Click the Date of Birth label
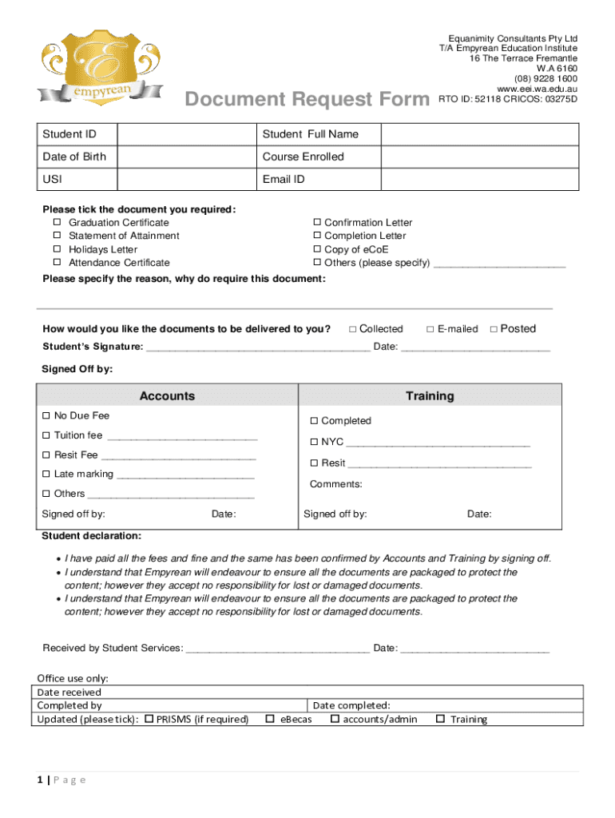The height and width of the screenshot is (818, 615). [x=74, y=157]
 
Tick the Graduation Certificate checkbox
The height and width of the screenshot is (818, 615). [x=57, y=222]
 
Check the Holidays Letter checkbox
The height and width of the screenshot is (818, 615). [x=57, y=249]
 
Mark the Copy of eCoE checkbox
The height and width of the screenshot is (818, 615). [x=316, y=249]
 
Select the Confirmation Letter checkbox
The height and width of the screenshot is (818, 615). [x=316, y=222]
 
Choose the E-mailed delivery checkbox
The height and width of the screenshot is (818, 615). [x=430, y=329]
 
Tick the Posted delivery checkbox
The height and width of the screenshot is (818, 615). [x=494, y=329]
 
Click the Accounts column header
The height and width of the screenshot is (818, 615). [x=167, y=396]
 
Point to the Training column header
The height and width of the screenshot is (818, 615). [x=429, y=396]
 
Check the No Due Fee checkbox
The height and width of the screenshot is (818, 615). [x=46, y=416]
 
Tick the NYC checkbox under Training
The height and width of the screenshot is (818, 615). [x=314, y=442]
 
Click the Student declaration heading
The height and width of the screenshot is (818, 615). [x=91, y=535]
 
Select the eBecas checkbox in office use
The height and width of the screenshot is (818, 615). [x=269, y=719]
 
